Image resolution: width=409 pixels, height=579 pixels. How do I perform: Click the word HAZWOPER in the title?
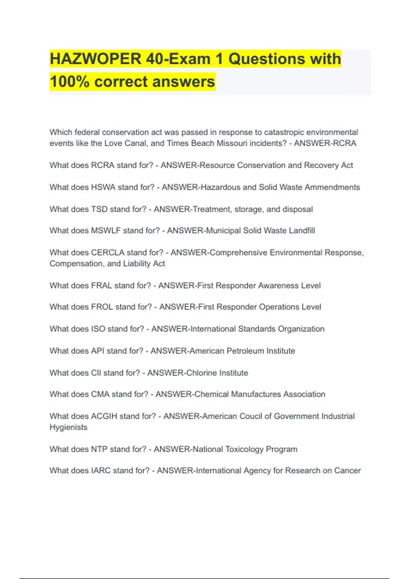(95, 59)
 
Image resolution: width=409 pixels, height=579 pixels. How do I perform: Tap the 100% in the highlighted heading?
(70, 82)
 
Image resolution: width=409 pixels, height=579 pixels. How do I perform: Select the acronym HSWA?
(103, 187)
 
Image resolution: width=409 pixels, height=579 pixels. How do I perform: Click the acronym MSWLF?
(106, 231)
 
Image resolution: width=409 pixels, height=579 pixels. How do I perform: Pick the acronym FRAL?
(102, 285)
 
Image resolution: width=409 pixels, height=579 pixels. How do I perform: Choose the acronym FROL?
(102, 307)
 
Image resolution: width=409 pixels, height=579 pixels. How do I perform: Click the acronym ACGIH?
(104, 416)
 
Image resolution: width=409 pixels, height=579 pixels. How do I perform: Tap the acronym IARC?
(101, 471)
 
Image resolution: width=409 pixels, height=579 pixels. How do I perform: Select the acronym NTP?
(100, 449)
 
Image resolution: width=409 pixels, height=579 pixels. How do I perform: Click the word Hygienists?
(69, 427)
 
